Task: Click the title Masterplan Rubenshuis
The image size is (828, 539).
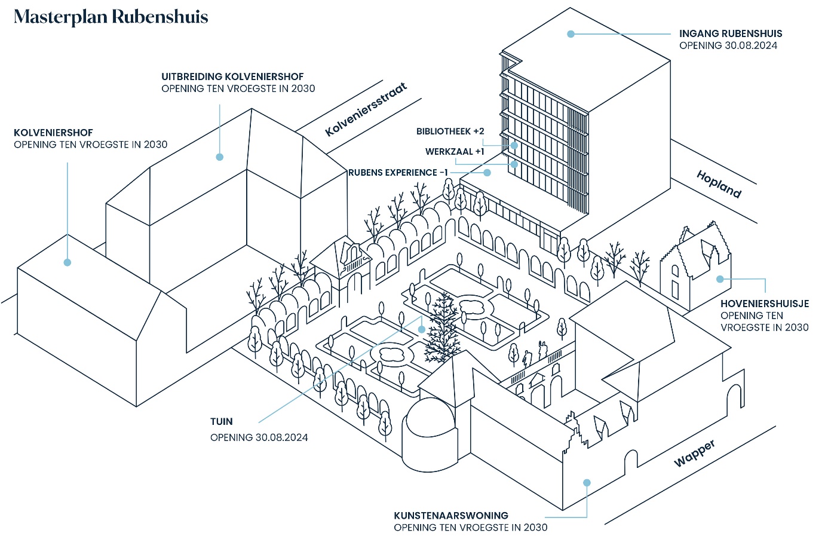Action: (111, 17)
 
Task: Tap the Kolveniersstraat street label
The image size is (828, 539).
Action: (366, 109)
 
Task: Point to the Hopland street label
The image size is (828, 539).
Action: (719, 183)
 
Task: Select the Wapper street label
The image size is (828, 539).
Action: (694, 453)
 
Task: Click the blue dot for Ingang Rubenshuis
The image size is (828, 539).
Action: (571, 34)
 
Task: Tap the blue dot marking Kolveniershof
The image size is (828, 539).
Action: (68, 262)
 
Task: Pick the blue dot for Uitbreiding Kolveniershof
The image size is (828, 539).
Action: (220, 157)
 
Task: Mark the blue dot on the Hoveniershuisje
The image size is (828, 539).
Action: (720, 279)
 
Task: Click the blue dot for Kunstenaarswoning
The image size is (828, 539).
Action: (587, 482)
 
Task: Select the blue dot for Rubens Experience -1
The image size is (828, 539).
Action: (487, 173)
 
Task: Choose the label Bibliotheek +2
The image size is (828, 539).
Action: (450, 131)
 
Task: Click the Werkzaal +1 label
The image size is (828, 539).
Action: (455, 152)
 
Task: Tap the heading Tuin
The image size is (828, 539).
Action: (221, 422)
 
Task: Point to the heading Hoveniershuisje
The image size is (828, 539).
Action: (764, 304)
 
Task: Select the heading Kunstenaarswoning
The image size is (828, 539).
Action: (450, 515)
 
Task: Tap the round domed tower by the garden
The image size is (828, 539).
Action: (428, 433)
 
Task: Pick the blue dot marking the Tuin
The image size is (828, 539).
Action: (422, 329)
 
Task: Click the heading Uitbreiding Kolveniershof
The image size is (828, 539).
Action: (232, 76)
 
